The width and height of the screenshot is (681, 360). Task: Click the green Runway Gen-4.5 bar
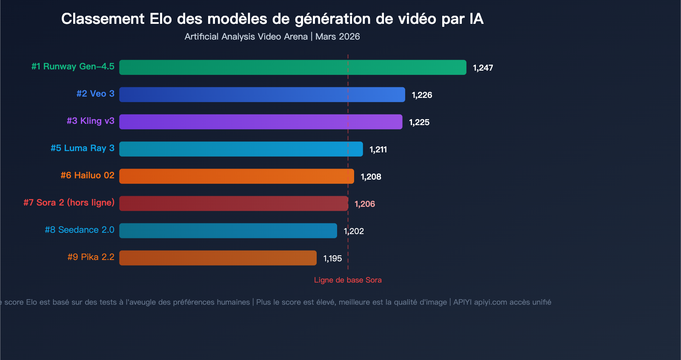tap(292, 67)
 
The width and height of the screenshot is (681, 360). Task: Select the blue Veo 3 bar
tap(262, 94)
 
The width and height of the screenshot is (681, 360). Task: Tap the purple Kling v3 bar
tap(260, 122)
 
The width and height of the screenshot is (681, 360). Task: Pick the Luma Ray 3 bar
tap(241, 149)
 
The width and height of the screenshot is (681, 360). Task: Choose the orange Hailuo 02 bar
tap(236, 176)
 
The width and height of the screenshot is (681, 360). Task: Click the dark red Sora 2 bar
tap(233, 203)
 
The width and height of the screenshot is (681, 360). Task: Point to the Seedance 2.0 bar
tap(228, 231)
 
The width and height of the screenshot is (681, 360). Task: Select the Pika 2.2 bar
tap(217, 258)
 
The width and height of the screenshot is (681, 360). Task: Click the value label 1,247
tap(483, 68)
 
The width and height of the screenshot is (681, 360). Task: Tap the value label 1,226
tap(422, 95)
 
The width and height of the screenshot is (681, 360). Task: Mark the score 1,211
tap(378, 149)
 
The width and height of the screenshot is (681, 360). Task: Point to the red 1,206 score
tap(365, 204)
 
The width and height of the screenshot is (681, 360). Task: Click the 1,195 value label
tap(332, 258)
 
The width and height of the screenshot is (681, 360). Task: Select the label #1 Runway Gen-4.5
tap(73, 66)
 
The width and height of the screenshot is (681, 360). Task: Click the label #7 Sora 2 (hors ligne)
tap(69, 203)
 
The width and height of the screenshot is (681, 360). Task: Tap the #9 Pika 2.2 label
tap(91, 257)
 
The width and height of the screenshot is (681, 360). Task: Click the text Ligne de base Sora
tap(348, 280)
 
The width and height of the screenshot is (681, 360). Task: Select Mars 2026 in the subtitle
tap(338, 37)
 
